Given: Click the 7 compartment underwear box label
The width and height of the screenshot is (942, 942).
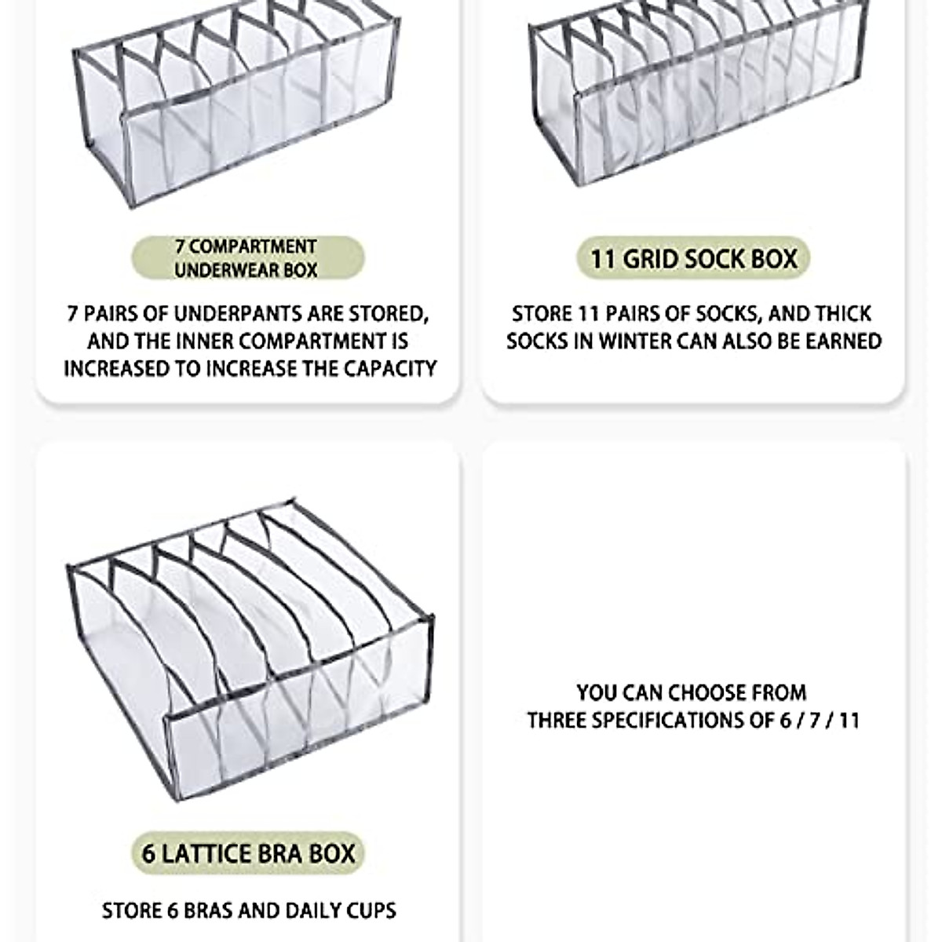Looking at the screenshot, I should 246,258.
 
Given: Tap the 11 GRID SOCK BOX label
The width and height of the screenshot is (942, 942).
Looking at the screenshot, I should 693,258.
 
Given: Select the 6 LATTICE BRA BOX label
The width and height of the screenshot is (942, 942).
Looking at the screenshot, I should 248,853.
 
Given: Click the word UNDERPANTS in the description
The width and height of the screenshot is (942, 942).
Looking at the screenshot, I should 239,314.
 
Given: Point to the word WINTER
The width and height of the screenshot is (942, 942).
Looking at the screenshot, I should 629,341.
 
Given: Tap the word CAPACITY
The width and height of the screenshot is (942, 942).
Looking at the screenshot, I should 386,368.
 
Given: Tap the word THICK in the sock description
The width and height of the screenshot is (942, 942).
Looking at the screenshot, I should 842,314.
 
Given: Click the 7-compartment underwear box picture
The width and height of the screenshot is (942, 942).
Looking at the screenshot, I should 235,110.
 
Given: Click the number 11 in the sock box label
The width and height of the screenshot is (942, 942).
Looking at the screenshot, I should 603,258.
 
